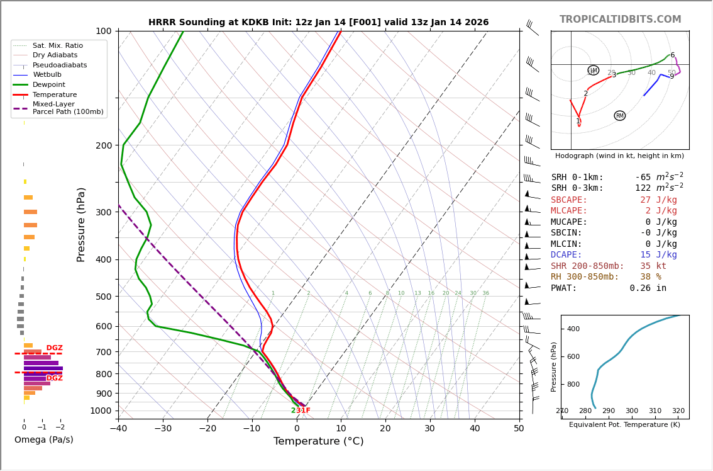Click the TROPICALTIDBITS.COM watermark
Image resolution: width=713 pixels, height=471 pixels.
coord(620,20)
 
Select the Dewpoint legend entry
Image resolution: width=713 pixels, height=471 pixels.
coord(48,84)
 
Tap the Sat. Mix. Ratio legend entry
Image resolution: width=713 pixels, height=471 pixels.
coord(57,45)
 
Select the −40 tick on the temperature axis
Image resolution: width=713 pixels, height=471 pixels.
coord(118,429)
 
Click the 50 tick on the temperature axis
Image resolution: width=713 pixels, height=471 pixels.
coord(519,429)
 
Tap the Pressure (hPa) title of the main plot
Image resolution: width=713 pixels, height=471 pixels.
coord(81,224)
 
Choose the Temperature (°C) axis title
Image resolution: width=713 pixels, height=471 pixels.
coord(318,441)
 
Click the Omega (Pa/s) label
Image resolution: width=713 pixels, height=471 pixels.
coord(43,440)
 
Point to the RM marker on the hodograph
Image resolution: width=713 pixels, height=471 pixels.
coord(620,116)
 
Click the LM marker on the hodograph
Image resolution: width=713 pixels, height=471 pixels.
coord(593,71)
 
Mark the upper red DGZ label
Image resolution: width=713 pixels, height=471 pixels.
coord(55,348)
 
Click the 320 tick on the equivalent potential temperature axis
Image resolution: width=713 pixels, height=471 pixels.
coord(678,411)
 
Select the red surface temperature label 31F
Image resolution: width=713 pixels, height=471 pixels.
coord(303,411)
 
